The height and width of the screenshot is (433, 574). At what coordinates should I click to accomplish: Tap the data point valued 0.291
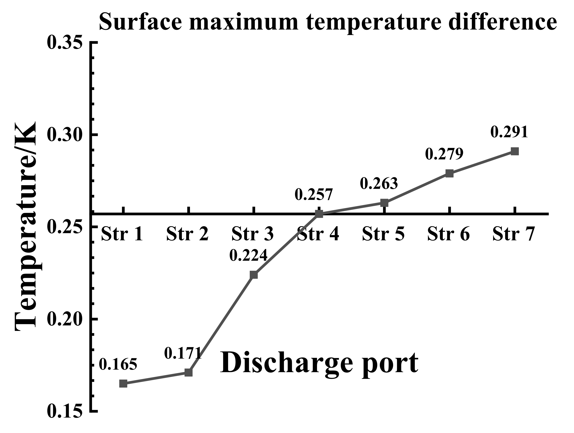pyautogui.click(x=515, y=151)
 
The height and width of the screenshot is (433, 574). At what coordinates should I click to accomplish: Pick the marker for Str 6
pyautogui.click(x=449, y=174)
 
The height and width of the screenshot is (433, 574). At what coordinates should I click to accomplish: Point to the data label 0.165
pyautogui.click(x=118, y=365)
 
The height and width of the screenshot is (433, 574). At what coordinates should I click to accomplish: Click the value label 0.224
pyautogui.click(x=248, y=255)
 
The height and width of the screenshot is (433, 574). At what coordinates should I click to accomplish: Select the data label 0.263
pyautogui.click(x=379, y=184)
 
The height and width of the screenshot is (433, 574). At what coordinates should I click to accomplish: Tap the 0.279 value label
pyautogui.click(x=444, y=154)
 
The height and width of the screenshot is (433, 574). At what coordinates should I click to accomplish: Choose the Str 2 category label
pyautogui.click(x=187, y=234)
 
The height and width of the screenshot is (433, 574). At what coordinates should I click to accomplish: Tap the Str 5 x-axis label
pyautogui.click(x=383, y=234)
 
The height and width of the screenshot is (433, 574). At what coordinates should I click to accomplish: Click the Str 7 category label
pyautogui.click(x=514, y=234)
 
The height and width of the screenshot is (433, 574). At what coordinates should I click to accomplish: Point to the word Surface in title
pyautogui.click(x=140, y=22)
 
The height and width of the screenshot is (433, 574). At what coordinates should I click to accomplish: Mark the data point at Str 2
pyautogui.click(x=189, y=373)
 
